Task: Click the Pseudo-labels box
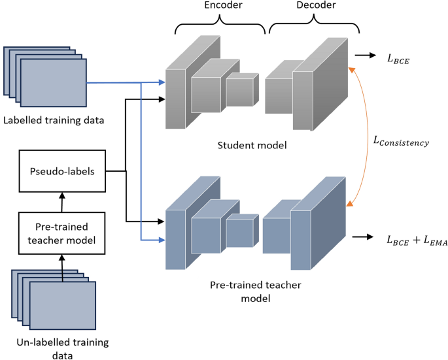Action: click(63, 172)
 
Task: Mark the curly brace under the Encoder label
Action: click(220, 28)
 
